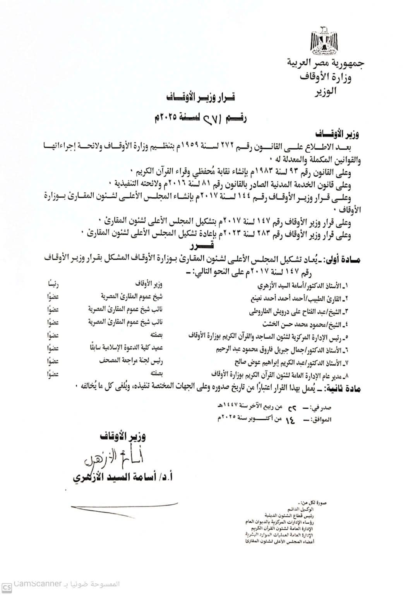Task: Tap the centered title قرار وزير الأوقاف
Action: (203, 96)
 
